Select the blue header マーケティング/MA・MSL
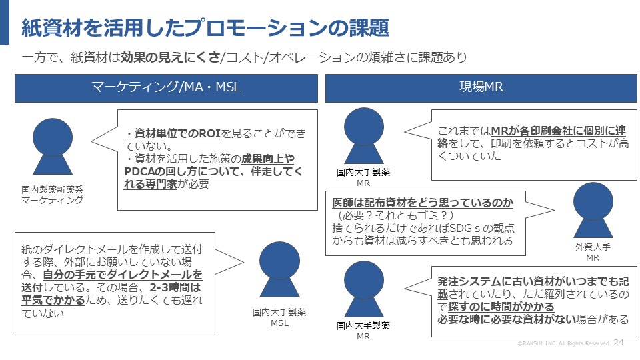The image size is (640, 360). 166,88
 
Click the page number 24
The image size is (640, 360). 619,342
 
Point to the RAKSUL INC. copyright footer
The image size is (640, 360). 564,343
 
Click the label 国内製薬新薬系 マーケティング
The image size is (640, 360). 52,195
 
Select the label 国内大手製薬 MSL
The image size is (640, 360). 278,317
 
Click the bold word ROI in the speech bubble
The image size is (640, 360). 209,134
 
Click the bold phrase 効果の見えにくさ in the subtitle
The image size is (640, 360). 170,57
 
